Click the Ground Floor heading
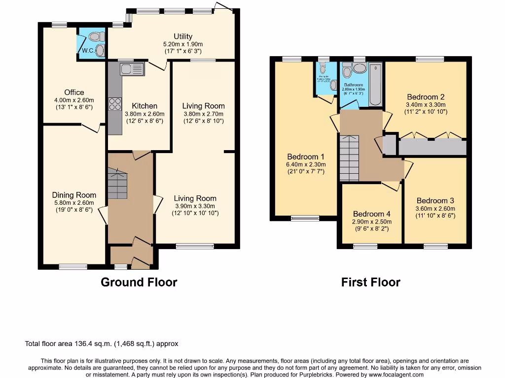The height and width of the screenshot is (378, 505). [139, 282]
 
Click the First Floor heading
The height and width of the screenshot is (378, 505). [370, 282]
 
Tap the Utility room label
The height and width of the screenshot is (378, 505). [182, 36]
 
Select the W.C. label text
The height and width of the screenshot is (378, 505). [88, 51]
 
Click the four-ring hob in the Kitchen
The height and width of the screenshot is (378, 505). [115, 104]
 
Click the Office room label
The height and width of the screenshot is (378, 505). [74, 92]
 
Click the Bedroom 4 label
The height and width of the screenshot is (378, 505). [371, 214]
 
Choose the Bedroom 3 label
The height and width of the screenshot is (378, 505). [435, 200]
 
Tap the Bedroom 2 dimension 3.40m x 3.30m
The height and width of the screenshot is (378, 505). [425, 104]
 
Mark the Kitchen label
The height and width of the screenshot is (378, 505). [144, 106]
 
